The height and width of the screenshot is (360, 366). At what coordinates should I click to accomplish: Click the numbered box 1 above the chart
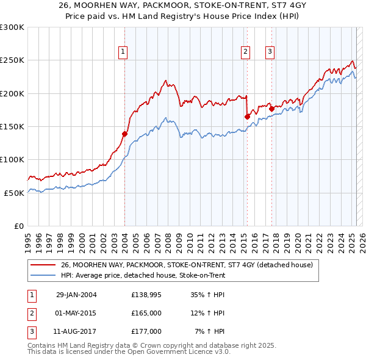coord(123,52)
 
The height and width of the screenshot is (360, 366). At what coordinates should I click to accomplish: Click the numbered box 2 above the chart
coord(245,52)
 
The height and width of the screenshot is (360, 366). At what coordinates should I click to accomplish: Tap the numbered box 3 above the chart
coord(270,52)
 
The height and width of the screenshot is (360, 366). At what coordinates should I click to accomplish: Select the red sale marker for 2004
coord(124,134)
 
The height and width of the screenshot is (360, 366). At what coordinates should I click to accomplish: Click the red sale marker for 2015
coord(247,117)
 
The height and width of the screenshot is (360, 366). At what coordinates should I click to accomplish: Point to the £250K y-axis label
coord(13,60)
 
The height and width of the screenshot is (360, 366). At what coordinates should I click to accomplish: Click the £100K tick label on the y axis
coord(13,159)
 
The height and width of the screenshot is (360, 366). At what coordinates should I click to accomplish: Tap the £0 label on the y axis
coord(18,226)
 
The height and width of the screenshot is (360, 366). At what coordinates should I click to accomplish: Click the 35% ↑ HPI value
coord(207,295)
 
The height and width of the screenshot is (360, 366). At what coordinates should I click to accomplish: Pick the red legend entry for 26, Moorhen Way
coord(186,265)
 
